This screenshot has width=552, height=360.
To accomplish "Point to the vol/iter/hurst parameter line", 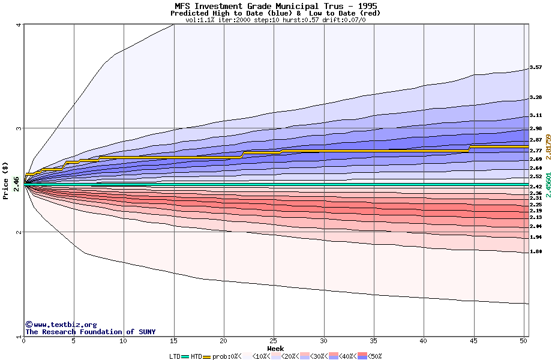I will (275, 20).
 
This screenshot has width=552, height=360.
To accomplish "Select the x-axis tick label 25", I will (274, 341).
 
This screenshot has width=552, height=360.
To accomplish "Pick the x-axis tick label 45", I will (473, 341).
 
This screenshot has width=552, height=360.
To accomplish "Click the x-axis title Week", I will (275, 348).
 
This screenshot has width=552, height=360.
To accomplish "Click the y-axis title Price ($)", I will (6, 181).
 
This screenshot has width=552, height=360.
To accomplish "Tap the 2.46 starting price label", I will (16, 184).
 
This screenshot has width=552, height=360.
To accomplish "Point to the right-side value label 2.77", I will (536, 151).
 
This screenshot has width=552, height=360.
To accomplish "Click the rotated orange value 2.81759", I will (548, 146).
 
